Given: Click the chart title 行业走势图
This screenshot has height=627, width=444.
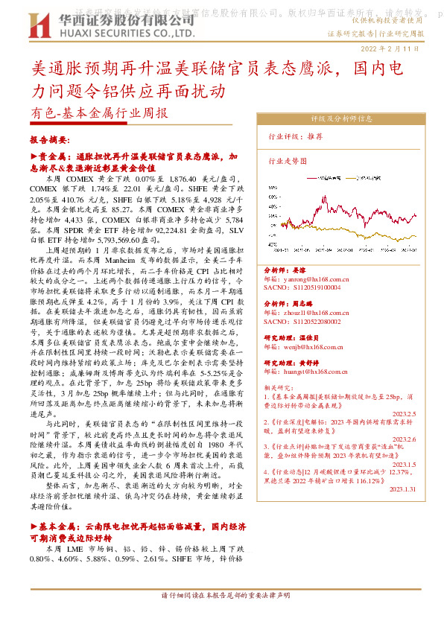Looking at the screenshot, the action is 288,160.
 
